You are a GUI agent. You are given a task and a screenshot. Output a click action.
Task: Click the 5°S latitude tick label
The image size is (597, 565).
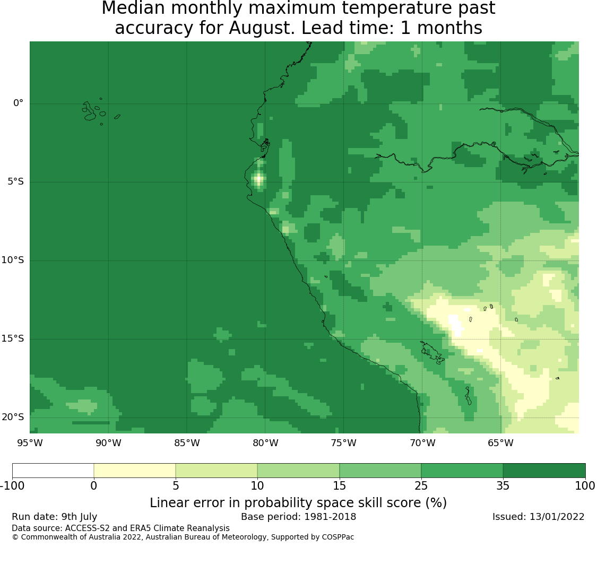[15, 181]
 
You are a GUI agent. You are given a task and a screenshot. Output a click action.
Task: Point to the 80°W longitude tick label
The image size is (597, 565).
[266, 443]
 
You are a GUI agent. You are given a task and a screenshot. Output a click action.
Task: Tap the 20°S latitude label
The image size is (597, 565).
[13, 417]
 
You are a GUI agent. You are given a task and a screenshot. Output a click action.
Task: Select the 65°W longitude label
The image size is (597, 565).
[500, 443]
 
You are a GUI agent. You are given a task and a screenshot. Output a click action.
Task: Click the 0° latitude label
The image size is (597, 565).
[18, 103]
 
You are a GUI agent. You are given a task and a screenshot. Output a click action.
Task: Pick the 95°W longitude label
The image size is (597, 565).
[30, 443]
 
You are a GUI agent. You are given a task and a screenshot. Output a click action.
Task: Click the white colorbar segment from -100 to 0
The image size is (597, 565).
[53, 471]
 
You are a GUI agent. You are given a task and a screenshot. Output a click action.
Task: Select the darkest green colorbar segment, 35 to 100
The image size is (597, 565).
[544, 471]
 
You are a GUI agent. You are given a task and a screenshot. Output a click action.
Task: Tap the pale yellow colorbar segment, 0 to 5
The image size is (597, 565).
[135, 471]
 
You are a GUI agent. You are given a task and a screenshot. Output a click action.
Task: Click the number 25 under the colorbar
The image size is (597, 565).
[421, 486]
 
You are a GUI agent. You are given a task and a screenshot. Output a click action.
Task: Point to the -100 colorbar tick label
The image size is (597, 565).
[12, 486]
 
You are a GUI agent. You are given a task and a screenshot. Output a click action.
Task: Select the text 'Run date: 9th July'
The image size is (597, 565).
[55, 517]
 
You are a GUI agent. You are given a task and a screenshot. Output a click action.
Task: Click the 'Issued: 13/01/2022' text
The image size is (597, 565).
[539, 517]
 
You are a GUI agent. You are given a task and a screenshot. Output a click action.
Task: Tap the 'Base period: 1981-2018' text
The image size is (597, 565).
[298, 517]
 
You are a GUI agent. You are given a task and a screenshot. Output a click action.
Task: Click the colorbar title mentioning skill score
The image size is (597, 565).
[298, 503]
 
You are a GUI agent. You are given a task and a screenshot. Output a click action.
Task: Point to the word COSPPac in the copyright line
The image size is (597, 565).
[338, 537]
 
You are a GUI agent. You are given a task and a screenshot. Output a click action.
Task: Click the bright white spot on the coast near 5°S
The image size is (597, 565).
[259, 178]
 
